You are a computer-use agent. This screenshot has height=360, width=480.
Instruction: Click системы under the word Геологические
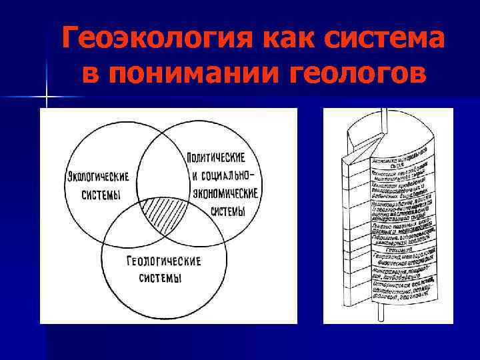coord(161,277)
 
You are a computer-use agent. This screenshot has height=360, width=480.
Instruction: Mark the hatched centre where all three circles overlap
coord(164,215)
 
